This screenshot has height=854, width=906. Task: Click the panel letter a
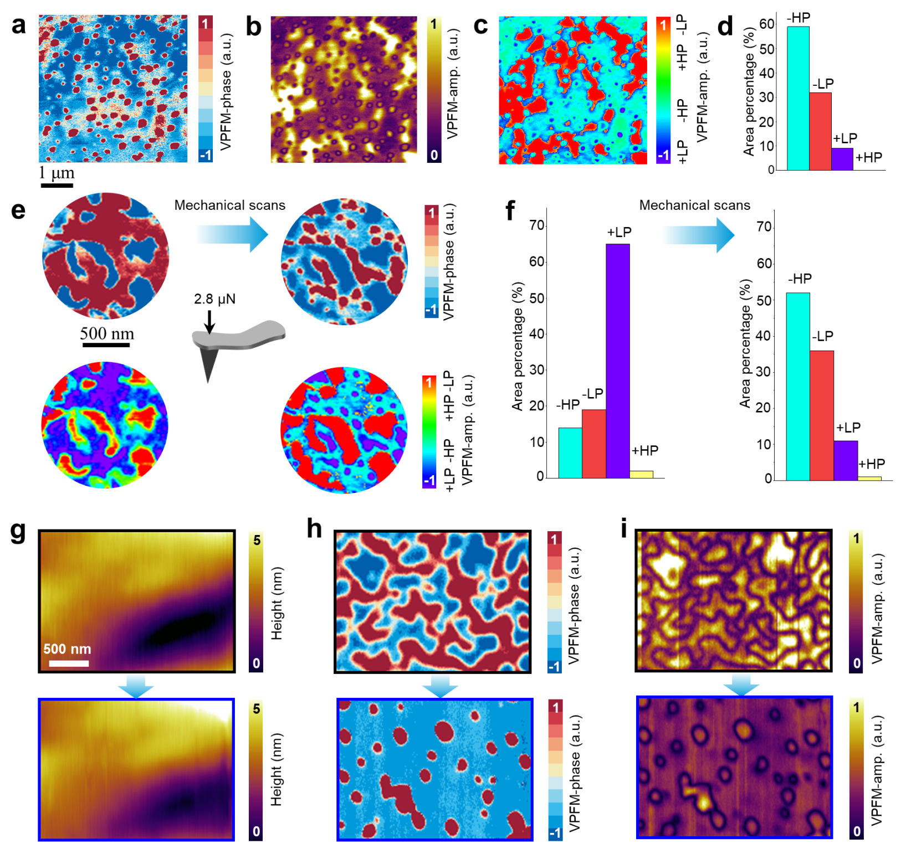click(18, 26)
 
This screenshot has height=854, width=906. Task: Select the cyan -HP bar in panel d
click(797, 98)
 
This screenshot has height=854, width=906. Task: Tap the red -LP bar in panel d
click(820, 131)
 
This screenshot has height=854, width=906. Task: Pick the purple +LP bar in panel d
click(842, 159)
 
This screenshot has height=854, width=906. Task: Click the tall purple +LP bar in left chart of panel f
click(617, 361)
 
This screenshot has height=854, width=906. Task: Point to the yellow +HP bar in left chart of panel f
click(641, 474)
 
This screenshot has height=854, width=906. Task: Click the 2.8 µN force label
click(214, 299)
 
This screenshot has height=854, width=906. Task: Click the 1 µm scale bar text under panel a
click(57, 173)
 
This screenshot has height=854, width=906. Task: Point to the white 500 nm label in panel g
click(67, 649)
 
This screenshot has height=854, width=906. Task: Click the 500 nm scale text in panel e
click(107, 333)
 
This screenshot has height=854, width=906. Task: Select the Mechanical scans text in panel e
click(229, 205)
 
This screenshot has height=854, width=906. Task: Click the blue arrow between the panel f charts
click(698, 235)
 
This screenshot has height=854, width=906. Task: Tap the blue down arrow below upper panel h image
click(440, 686)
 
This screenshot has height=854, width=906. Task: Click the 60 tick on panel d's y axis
click(767, 24)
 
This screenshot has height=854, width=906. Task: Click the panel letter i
click(624, 529)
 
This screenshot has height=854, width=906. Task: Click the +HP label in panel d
click(868, 158)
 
